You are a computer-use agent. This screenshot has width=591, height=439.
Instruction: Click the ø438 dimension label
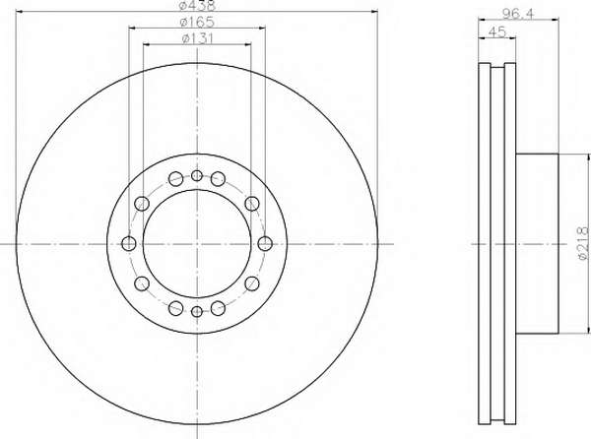coord(197,5)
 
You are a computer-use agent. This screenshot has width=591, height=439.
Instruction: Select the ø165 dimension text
coord(197,22)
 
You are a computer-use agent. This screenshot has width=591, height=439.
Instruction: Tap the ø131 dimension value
coord(197,38)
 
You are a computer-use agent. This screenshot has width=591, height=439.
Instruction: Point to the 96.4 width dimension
coord(518,14)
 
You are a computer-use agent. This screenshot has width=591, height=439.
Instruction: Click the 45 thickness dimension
coord(496,31)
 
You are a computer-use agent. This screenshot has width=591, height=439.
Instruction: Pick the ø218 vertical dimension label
coord(583,243)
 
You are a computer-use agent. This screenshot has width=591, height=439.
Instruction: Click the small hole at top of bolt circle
coord(197,175)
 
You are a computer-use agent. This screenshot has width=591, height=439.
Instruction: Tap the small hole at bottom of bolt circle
coord(197,311)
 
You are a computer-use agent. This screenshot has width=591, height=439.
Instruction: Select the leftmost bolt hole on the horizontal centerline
coord(129,243)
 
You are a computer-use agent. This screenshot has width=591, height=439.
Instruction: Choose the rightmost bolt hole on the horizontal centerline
coord(265,243)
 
